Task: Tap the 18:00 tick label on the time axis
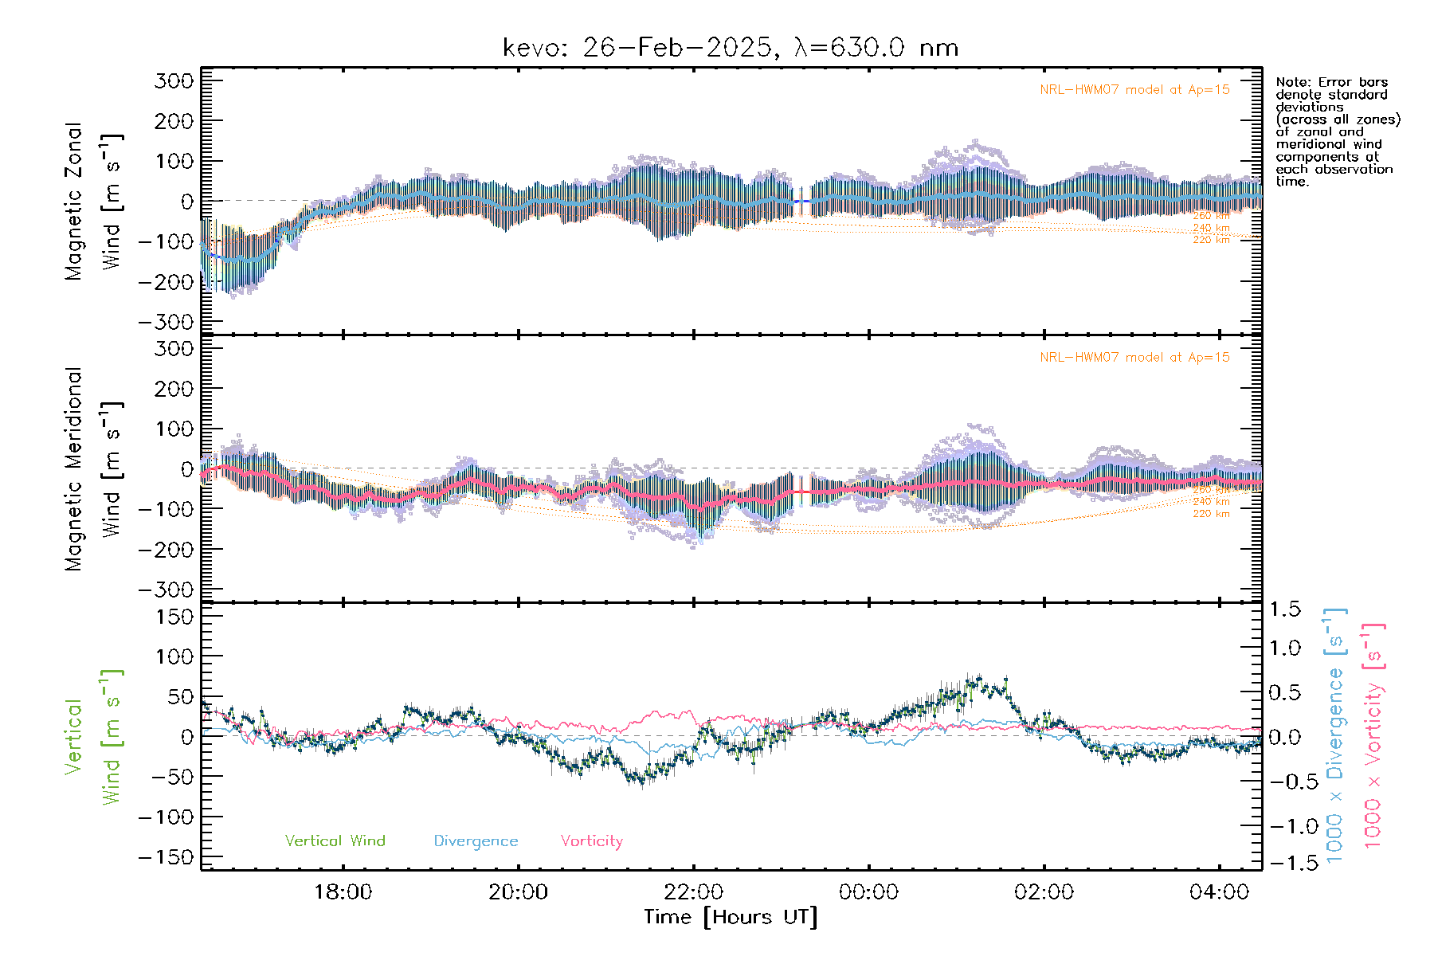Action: pyautogui.click(x=343, y=891)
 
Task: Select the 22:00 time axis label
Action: pyautogui.click(x=693, y=891)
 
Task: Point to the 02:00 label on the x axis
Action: pyautogui.click(x=1044, y=891)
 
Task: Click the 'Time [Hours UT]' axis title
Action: pyautogui.click(x=731, y=917)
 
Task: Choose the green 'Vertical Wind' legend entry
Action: pyautogui.click(x=335, y=841)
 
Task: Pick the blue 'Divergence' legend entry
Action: pyautogui.click(x=476, y=841)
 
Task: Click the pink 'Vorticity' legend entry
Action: pyautogui.click(x=591, y=841)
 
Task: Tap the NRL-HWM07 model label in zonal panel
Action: pyautogui.click(x=1134, y=90)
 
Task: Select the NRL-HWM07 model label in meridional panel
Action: pyautogui.click(x=1134, y=358)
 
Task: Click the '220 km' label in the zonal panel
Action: pyautogui.click(x=1211, y=240)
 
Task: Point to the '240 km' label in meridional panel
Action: pyautogui.click(x=1211, y=502)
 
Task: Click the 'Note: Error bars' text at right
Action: pyautogui.click(x=1332, y=82)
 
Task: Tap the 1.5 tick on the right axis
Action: pyautogui.click(x=1285, y=609)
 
